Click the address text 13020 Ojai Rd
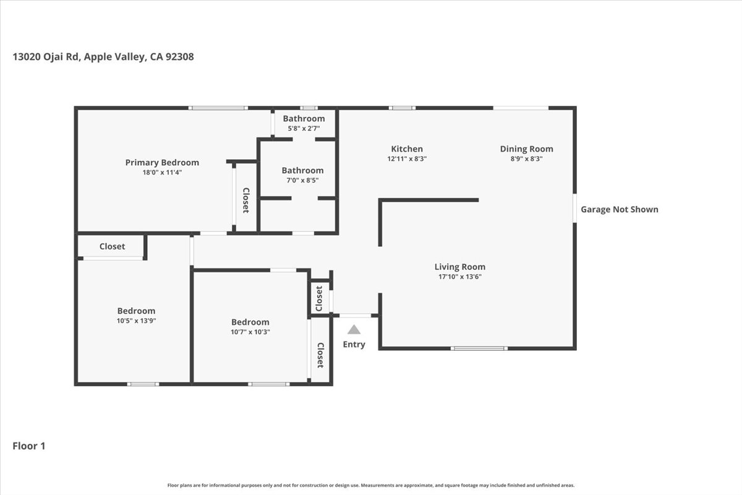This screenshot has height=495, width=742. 46,56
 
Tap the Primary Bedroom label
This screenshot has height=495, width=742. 162,163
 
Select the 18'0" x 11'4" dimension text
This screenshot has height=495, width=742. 162,173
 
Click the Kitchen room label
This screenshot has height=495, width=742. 407,148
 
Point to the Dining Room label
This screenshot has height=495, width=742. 526,148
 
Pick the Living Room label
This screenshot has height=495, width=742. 459,267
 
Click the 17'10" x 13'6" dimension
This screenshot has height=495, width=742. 459,277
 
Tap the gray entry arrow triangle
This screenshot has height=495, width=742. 354,330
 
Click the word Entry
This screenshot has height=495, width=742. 354,344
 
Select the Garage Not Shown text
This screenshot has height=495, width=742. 619,209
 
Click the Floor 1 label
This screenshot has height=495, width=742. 29,445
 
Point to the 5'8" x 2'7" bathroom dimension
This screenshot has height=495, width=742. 304,129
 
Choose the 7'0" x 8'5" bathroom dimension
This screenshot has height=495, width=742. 302,181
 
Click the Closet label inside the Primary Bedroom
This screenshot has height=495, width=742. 245,200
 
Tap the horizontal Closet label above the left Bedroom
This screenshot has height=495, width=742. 112,246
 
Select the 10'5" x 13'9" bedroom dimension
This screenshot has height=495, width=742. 136,321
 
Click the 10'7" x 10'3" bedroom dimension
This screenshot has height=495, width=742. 250,332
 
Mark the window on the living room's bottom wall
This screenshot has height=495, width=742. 479,348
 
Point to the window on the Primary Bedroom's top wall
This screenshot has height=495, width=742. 218,108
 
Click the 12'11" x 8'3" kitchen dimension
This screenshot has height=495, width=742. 407,158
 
